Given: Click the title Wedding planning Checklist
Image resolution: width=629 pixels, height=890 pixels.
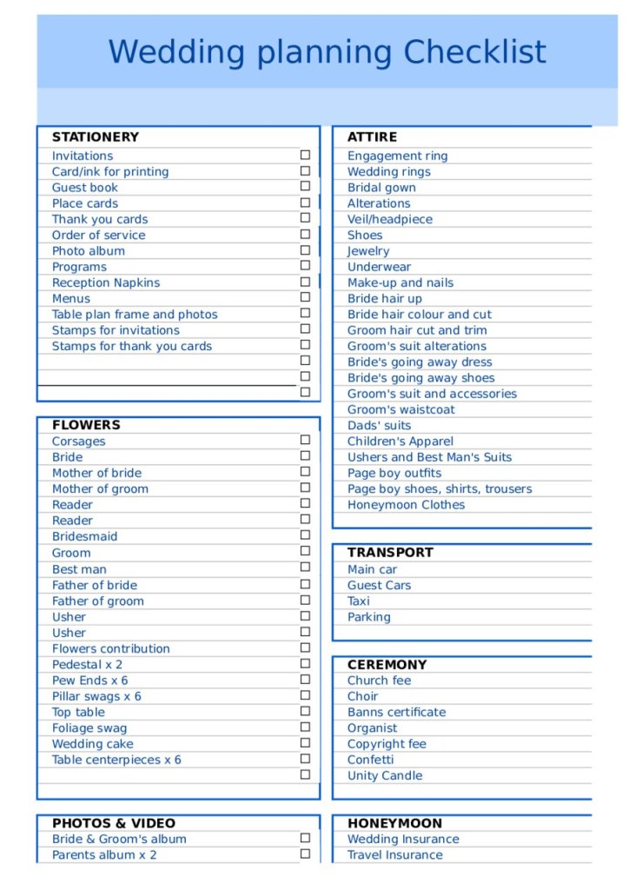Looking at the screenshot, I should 328,51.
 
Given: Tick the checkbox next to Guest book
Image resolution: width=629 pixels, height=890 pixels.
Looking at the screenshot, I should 305,186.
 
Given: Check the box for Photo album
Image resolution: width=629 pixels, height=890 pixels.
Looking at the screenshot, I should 305,249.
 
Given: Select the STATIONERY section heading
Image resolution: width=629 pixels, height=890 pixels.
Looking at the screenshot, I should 95,137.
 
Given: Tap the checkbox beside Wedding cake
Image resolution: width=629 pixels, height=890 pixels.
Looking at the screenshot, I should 305,742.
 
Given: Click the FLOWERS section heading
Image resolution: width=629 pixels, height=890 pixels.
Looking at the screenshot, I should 86,425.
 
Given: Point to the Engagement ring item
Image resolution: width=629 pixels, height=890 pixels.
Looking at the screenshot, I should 397,156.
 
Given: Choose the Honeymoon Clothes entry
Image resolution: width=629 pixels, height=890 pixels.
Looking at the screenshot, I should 406,505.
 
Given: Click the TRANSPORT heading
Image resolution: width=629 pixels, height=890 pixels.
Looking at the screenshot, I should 390,553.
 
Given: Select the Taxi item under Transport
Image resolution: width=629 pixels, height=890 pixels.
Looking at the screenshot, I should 359,601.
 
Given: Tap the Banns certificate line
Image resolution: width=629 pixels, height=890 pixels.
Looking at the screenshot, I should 396,713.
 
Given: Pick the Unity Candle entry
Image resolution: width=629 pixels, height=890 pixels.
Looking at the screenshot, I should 385,776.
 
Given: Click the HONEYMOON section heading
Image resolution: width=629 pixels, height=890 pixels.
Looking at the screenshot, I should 394,823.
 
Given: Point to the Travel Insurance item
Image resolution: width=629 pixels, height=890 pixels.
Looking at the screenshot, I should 394,855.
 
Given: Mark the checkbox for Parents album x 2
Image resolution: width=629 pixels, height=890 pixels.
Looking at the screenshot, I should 305,853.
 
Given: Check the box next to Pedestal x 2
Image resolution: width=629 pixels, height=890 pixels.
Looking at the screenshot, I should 305,663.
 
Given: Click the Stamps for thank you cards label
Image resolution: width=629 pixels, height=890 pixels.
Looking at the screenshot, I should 131,347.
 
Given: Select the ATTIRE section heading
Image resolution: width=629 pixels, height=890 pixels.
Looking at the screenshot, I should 372,137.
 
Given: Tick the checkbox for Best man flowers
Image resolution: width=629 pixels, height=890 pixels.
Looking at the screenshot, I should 305,568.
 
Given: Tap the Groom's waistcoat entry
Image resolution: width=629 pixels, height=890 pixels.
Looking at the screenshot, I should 401,410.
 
